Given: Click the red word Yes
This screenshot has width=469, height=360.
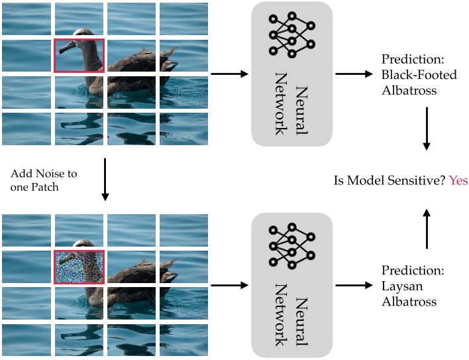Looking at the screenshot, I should (x=458, y=180).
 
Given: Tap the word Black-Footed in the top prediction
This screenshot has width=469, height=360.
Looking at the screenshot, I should (x=415, y=75).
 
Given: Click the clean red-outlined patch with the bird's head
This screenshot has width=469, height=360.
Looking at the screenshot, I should (x=79, y=55).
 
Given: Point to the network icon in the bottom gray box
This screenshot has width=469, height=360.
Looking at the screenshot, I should (x=291, y=245).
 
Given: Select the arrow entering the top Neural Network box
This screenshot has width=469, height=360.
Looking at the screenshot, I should (x=229, y=74).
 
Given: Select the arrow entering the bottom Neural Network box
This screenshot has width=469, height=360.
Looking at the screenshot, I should (x=229, y=286).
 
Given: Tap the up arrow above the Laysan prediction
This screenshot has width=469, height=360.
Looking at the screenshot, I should (x=427, y=228).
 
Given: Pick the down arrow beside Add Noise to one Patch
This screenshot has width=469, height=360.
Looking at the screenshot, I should (x=105, y=180).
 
